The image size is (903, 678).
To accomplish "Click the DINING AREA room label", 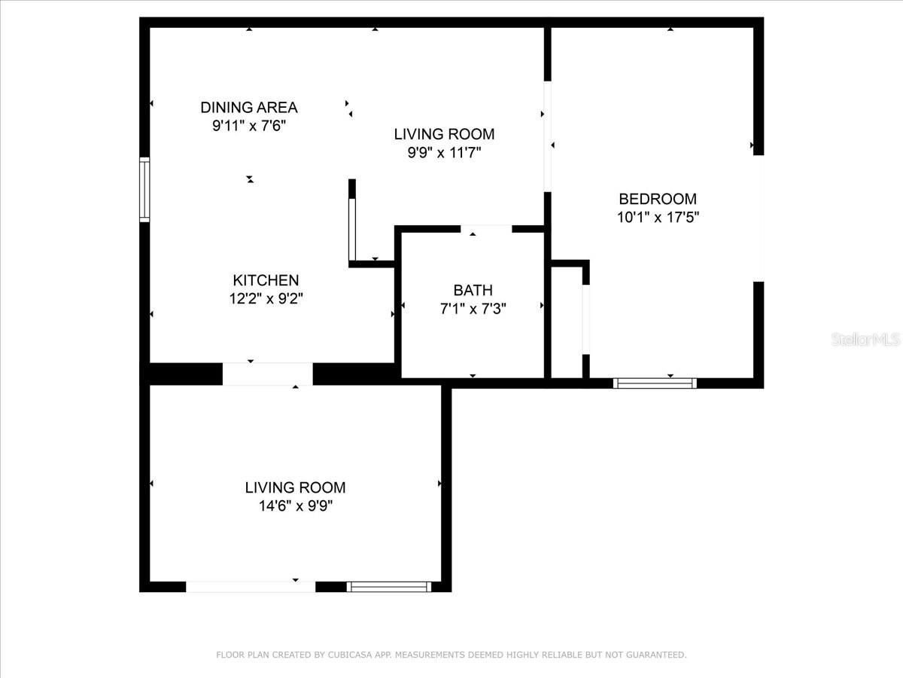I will [248, 107].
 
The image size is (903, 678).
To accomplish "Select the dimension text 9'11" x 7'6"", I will [248, 126].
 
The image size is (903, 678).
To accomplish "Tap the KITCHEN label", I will [266, 280].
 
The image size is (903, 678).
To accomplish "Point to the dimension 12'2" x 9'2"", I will [266, 298].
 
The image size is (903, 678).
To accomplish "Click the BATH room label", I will [473, 290].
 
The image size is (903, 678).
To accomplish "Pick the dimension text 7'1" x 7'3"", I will [473, 308].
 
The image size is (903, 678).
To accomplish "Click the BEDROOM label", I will [658, 199].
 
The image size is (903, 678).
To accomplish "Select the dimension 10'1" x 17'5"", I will [658, 218].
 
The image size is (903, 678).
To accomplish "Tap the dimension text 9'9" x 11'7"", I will [444, 153].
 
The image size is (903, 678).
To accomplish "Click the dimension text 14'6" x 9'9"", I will [295, 506].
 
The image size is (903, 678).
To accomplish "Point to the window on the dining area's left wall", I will [144, 189].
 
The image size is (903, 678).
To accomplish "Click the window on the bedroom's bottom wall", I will [655, 383].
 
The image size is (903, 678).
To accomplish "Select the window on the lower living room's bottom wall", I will [389, 586].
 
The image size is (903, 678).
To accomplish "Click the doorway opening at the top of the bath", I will [486, 228].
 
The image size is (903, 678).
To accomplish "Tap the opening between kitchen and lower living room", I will [267, 374].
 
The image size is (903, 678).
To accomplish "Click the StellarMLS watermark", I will [865, 340].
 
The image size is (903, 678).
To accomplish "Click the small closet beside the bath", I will [567, 320].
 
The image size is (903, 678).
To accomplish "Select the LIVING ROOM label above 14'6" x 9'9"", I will [295, 487].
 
